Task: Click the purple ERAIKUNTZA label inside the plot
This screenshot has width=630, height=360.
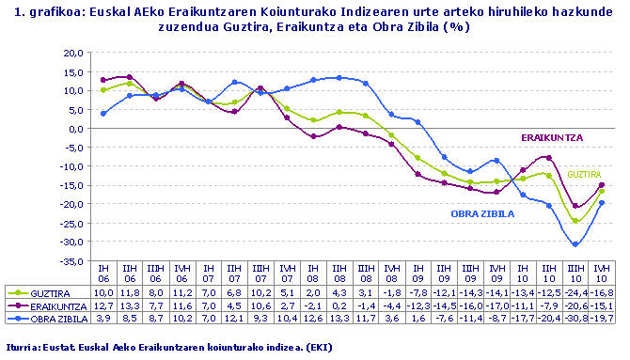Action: click(552, 137)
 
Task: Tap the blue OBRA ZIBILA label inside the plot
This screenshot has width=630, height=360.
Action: click(482, 214)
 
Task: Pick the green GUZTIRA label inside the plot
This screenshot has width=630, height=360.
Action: click(583, 175)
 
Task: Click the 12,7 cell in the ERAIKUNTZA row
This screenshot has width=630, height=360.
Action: click(103, 305)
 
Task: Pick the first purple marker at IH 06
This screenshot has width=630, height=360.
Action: click(103, 80)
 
